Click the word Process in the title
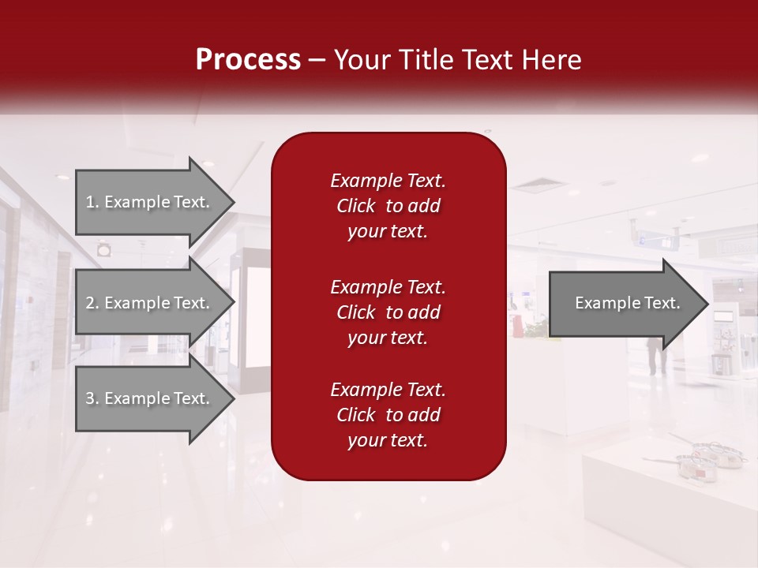coord(248,60)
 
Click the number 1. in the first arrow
coord(92,202)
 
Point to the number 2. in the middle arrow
coord(92,303)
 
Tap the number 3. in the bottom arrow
coord(92,398)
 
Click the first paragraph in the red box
coord(388,206)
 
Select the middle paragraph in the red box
coord(388,312)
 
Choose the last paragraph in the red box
coord(388,415)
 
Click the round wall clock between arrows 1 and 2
coord(104,250)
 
